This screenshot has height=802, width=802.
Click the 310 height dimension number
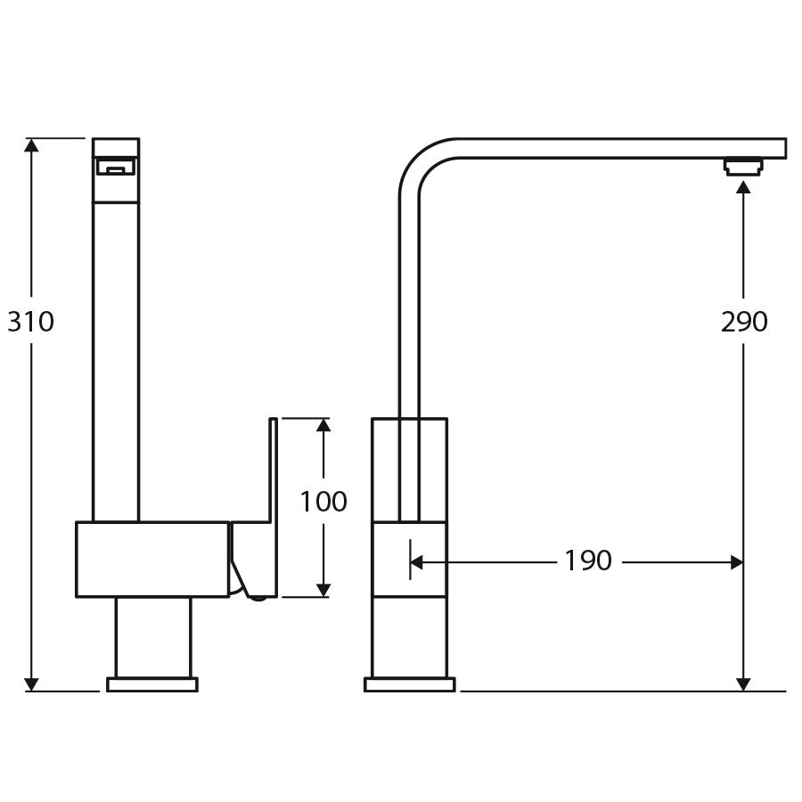31,322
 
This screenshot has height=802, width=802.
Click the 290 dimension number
744,322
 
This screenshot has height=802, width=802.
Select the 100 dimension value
323,503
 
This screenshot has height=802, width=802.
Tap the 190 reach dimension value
588,561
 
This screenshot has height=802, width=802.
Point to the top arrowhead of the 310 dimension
32,145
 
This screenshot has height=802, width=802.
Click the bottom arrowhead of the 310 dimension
32,683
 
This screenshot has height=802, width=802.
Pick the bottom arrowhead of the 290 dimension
743,683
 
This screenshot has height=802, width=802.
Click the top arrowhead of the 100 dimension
323,425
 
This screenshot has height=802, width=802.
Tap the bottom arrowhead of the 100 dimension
323,590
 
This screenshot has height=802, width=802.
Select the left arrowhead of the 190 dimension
417,562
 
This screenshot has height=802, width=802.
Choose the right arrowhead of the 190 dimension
737,562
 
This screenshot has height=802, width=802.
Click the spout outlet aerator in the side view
743,167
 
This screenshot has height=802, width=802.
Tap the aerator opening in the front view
116,167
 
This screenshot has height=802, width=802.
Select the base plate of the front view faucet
152,684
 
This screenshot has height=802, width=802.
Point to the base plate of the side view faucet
410,684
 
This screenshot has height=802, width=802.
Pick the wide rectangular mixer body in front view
152,559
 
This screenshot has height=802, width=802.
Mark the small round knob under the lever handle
258,597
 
